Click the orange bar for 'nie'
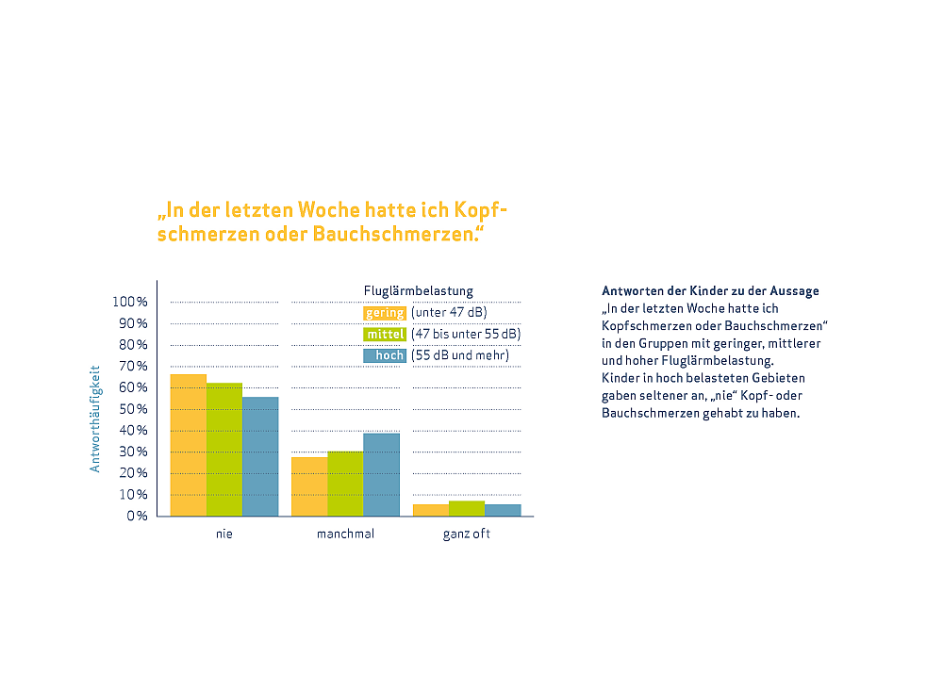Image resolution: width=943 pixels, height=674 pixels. (188, 445)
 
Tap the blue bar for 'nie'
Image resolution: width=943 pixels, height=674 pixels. (260, 456)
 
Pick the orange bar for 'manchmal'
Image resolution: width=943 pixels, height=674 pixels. (309, 486)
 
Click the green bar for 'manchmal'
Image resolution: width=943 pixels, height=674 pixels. (345, 484)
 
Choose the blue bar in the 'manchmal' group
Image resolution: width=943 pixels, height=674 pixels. (381, 474)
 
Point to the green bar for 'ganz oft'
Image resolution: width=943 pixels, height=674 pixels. (467, 508)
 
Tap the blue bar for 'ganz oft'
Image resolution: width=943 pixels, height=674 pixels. (503, 510)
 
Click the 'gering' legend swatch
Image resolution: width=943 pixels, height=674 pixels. (385, 313)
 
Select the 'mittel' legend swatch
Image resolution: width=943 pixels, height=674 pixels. (385, 334)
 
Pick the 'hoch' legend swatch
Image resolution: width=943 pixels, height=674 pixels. (385, 355)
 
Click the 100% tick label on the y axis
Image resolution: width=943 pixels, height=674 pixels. (129, 302)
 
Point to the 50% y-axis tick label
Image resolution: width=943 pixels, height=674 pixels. (133, 409)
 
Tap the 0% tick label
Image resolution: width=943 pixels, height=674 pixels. (137, 517)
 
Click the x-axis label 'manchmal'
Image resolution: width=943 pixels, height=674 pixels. (345, 534)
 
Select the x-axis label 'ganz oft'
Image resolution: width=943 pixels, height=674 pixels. (467, 534)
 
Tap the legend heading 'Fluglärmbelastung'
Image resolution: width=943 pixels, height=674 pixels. (418, 290)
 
